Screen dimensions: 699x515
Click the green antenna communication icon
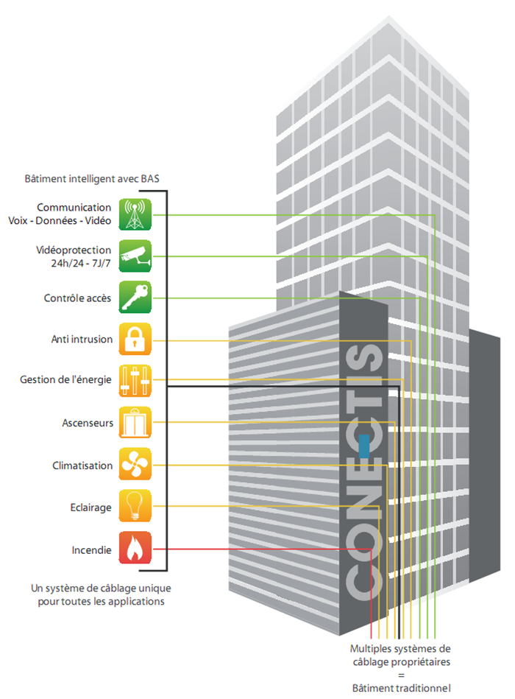[135, 214]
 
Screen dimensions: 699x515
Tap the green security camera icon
[135, 256]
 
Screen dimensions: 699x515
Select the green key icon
[135, 298]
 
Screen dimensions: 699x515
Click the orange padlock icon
[135, 340]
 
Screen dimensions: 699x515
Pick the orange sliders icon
[135, 381]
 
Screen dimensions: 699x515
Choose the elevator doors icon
[135, 423]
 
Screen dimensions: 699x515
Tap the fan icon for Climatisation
[135, 465]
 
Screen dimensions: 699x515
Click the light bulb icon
[135, 507]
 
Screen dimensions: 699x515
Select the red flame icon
[135, 549]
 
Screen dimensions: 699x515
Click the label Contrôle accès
[78, 298]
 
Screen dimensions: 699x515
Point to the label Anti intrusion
[82, 340]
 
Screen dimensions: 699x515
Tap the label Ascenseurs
[88, 424]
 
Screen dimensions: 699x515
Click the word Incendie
[92, 549]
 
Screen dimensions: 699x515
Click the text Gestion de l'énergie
[65, 380]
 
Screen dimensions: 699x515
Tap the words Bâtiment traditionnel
[400, 688]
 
